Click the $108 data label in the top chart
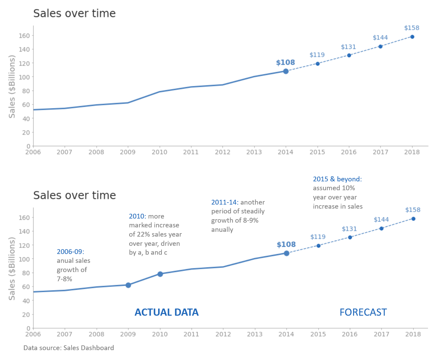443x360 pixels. (x=285, y=62)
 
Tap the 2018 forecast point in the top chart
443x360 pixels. (x=412, y=37)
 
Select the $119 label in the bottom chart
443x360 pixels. (x=318, y=237)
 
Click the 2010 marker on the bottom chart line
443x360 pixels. (x=160, y=274)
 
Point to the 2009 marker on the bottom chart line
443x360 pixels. (x=128, y=285)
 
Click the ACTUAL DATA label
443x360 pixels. (x=166, y=312)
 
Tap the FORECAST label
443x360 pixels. (x=363, y=312)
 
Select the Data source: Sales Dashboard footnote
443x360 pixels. (x=68, y=348)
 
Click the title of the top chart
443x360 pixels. (x=74, y=13)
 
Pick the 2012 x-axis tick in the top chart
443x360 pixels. (x=223, y=152)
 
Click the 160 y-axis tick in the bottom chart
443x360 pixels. (x=26, y=217)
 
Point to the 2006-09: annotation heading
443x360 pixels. (x=70, y=252)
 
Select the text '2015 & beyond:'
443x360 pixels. (x=337, y=179)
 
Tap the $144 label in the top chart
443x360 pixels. (x=380, y=37)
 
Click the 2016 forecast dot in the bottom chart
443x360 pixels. (x=350, y=237)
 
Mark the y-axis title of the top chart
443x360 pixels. (x=12, y=87)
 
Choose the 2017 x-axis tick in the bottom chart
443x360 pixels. (x=381, y=334)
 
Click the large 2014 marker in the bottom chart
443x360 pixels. (x=287, y=253)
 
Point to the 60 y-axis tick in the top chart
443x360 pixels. (x=26, y=105)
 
